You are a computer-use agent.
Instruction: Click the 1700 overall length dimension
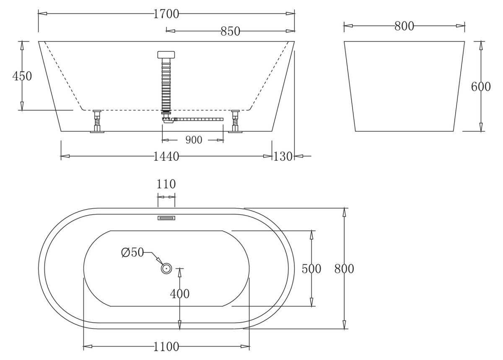coord(166,14)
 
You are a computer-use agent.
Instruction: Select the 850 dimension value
coord(231,31)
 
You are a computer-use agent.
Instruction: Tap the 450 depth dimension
coord(22,76)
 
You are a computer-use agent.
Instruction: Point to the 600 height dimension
coord(481,86)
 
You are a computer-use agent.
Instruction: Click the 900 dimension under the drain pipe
coord(194,140)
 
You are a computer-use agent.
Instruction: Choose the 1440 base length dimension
coord(166,157)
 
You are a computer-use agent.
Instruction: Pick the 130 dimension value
coord(283,157)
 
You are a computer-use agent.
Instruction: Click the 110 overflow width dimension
coord(166,184)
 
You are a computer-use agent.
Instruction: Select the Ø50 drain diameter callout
coord(132,252)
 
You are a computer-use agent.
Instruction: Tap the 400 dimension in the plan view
coord(180,294)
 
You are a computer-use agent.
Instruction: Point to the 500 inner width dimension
coord(311,269)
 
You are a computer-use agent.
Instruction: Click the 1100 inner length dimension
coord(166,347)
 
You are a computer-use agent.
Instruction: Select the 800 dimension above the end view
coord(404,26)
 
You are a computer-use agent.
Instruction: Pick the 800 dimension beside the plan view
coord(344,269)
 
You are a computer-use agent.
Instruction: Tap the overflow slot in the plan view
coord(166,218)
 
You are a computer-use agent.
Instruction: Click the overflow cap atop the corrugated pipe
coord(166,55)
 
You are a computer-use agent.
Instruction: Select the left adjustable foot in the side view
coord(97,121)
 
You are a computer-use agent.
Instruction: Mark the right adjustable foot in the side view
coord(235,121)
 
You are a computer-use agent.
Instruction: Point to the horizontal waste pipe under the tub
coord(199,119)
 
